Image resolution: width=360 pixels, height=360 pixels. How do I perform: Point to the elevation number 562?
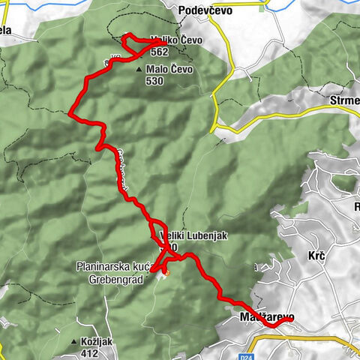pos(158,52)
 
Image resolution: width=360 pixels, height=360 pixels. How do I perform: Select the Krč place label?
pos(316,256)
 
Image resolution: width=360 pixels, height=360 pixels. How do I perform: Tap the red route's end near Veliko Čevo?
pos(157,42)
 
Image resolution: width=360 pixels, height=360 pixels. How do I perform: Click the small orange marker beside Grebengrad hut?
pos(168,272)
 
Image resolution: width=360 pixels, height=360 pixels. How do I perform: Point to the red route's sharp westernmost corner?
pos(70,115)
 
